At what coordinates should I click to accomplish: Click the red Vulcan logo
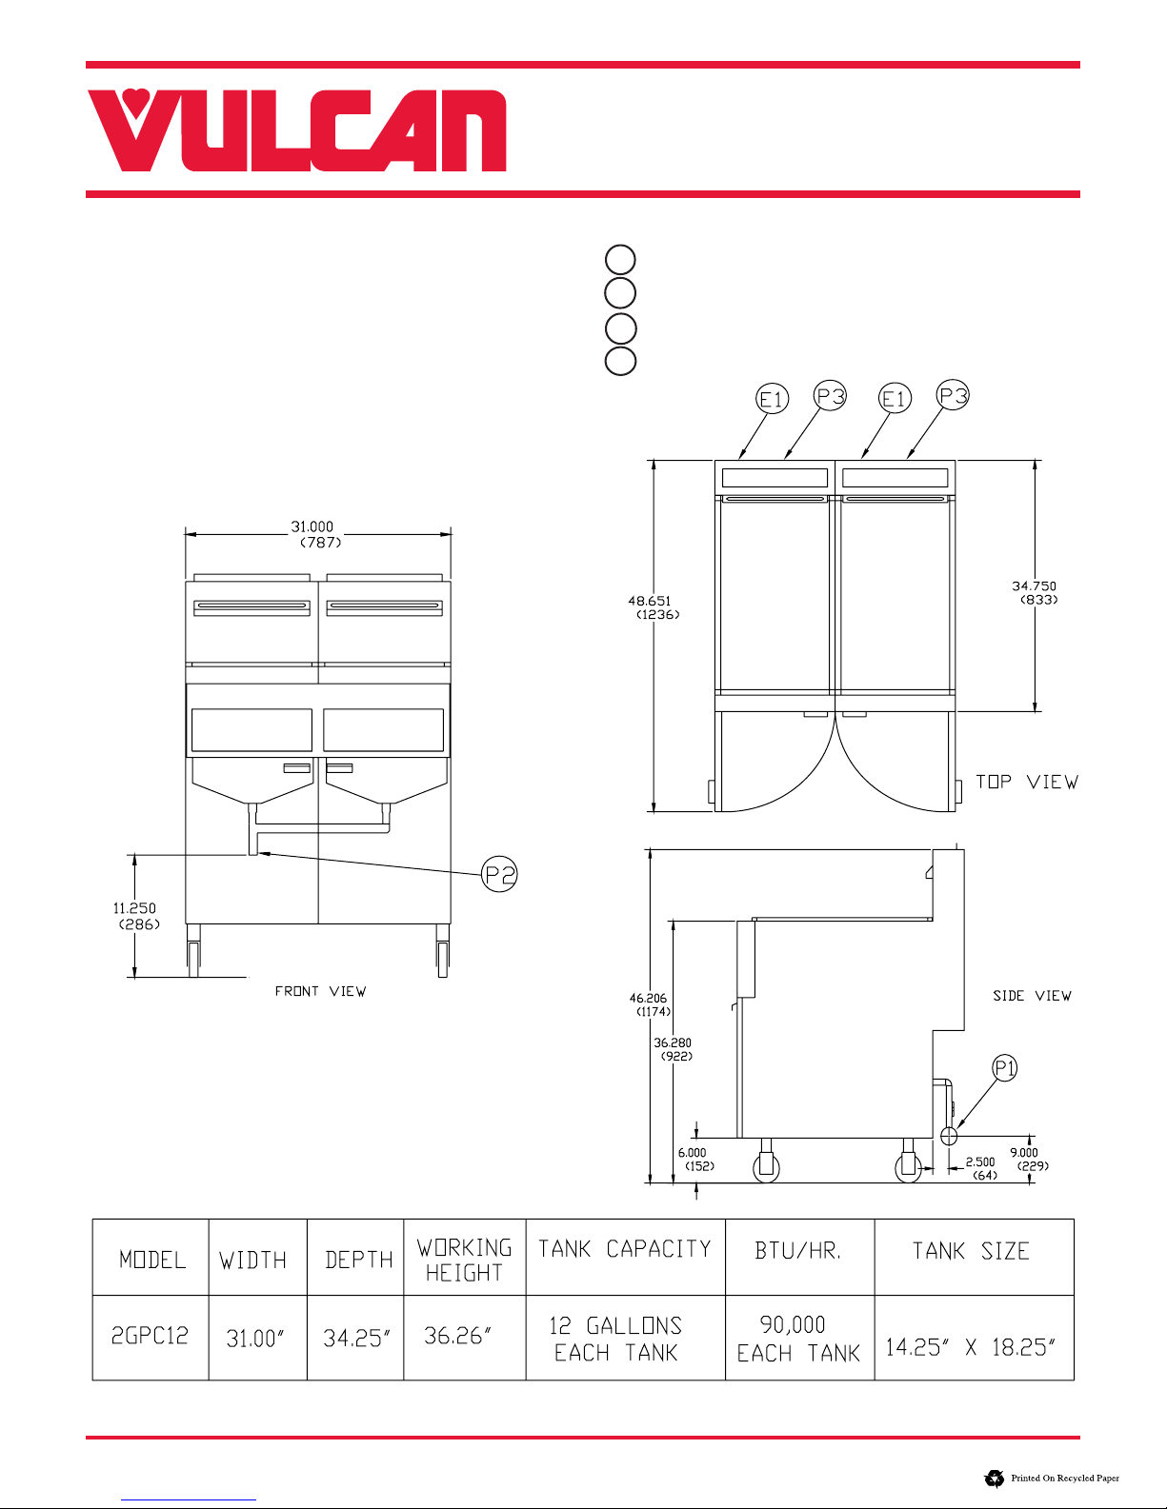click(x=296, y=129)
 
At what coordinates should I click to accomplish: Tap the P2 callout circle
click(x=499, y=874)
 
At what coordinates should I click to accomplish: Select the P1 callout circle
click(x=1005, y=1068)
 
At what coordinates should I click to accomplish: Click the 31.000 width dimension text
click(x=312, y=527)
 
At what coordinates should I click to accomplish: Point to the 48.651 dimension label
click(x=650, y=601)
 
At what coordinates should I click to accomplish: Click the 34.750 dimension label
click(x=1034, y=586)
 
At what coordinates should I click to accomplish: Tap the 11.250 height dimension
click(x=134, y=907)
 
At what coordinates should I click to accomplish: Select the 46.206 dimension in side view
click(x=648, y=998)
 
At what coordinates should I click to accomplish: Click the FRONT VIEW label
click(x=320, y=991)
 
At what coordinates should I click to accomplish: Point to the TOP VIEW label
click(x=1027, y=782)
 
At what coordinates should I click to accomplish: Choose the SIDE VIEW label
click(x=1033, y=996)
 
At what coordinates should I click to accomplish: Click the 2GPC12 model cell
click(x=151, y=1336)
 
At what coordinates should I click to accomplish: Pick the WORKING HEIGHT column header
click(x=464, y=1261)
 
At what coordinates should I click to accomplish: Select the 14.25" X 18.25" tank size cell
click(x=971, y=1347)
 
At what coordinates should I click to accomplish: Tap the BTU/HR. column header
click(x=798, y=1251)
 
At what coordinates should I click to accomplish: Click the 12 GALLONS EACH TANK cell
click(x=615, y=1339)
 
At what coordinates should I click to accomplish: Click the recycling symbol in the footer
click(x=995, y=1479)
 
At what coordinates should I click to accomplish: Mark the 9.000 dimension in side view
click(x=1024, y=1153)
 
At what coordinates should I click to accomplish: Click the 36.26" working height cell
click(x=458, y=1336)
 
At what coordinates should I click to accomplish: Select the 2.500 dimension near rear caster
click(x=980, y=1162)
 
